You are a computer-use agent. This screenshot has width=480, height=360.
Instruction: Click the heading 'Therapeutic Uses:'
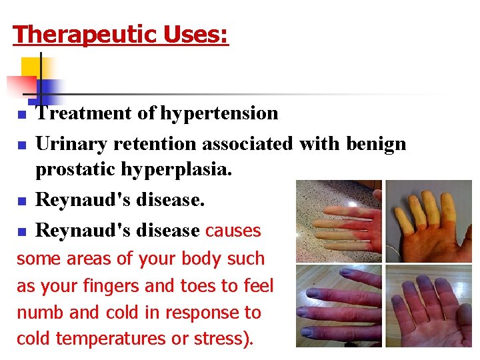(x=121, y=33)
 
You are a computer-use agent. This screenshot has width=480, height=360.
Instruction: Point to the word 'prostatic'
(x=75, y=170)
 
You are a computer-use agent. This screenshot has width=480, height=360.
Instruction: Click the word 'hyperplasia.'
(x=177, y=170)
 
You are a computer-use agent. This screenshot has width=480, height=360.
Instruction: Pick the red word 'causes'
(x=233, y=231)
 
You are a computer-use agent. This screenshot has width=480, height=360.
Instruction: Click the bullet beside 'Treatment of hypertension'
(x=21, y=115)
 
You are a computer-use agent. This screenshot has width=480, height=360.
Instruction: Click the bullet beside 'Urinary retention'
(x=21, y=145)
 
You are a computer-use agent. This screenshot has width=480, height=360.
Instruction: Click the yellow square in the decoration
(x=31, y=66)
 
